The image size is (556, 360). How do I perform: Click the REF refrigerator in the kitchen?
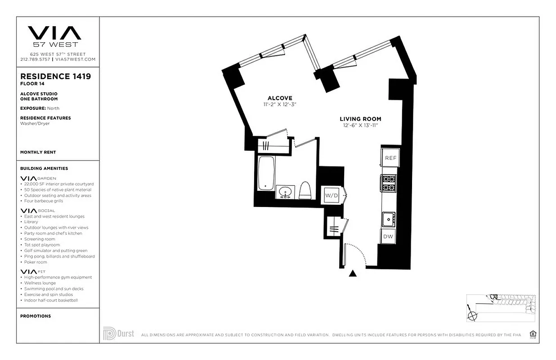pos(390,158)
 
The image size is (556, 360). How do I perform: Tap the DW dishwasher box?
pos(388,236)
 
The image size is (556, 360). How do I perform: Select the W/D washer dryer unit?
pos(332,196)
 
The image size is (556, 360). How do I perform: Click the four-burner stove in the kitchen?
pos(389,183)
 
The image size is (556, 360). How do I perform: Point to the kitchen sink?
pos(388,219)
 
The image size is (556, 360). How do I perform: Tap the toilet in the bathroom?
pos(306,190)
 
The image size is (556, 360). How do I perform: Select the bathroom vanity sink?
pos(285,193)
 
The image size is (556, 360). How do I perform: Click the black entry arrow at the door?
pos(353,273)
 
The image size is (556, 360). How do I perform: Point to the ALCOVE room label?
pos(280,98)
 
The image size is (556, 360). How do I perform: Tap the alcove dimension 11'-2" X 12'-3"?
pos(280,104)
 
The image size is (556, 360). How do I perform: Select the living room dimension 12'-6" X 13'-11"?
pos(360,126)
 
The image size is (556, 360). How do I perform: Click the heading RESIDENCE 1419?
pos(55,76)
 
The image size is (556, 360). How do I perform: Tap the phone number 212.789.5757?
pos(35,59)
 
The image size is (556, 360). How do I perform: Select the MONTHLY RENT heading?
pos(38,153)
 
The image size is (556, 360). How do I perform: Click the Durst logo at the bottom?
pos(119,334)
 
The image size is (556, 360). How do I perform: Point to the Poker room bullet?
pos(36,262)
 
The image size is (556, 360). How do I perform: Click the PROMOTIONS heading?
pos(36,316)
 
